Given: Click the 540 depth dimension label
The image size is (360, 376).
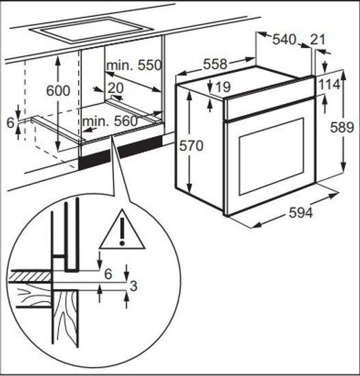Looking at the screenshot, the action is tap(284, 40).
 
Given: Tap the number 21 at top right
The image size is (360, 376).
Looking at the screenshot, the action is tap(318, 40).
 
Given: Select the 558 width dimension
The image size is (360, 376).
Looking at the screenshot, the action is tap(215, 64).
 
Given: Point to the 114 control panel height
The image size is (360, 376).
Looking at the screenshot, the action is tap(329, 84).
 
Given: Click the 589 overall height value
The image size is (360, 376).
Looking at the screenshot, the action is tap(342, 127).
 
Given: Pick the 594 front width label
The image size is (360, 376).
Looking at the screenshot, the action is tap(301, 213).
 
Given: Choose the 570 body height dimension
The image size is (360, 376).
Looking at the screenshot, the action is tap(191, 146).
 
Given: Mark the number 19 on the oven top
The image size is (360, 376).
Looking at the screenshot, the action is tap(223, 87).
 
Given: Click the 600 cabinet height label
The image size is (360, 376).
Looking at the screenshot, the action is tap(58, 91).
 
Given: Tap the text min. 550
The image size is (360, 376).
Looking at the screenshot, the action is tap(134, 65).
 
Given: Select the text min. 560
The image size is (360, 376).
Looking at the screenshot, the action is tap(110, 121).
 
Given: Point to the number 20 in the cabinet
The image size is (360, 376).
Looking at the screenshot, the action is tap(115, 88).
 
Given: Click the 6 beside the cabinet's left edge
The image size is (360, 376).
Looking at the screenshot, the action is tap(10, 123).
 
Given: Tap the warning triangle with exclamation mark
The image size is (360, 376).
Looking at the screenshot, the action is tap(122, 230).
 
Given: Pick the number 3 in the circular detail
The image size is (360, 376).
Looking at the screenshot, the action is tap(133, 286).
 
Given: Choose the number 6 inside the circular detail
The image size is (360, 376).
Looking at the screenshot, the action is tap(108, 274).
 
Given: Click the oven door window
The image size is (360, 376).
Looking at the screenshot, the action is tap(272, 156).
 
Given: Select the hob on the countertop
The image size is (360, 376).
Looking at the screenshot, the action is tap(91, 29).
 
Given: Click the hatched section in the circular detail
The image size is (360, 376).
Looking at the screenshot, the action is tap(31, 276).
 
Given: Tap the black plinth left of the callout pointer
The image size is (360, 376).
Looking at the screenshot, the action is tap(94, 159).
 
